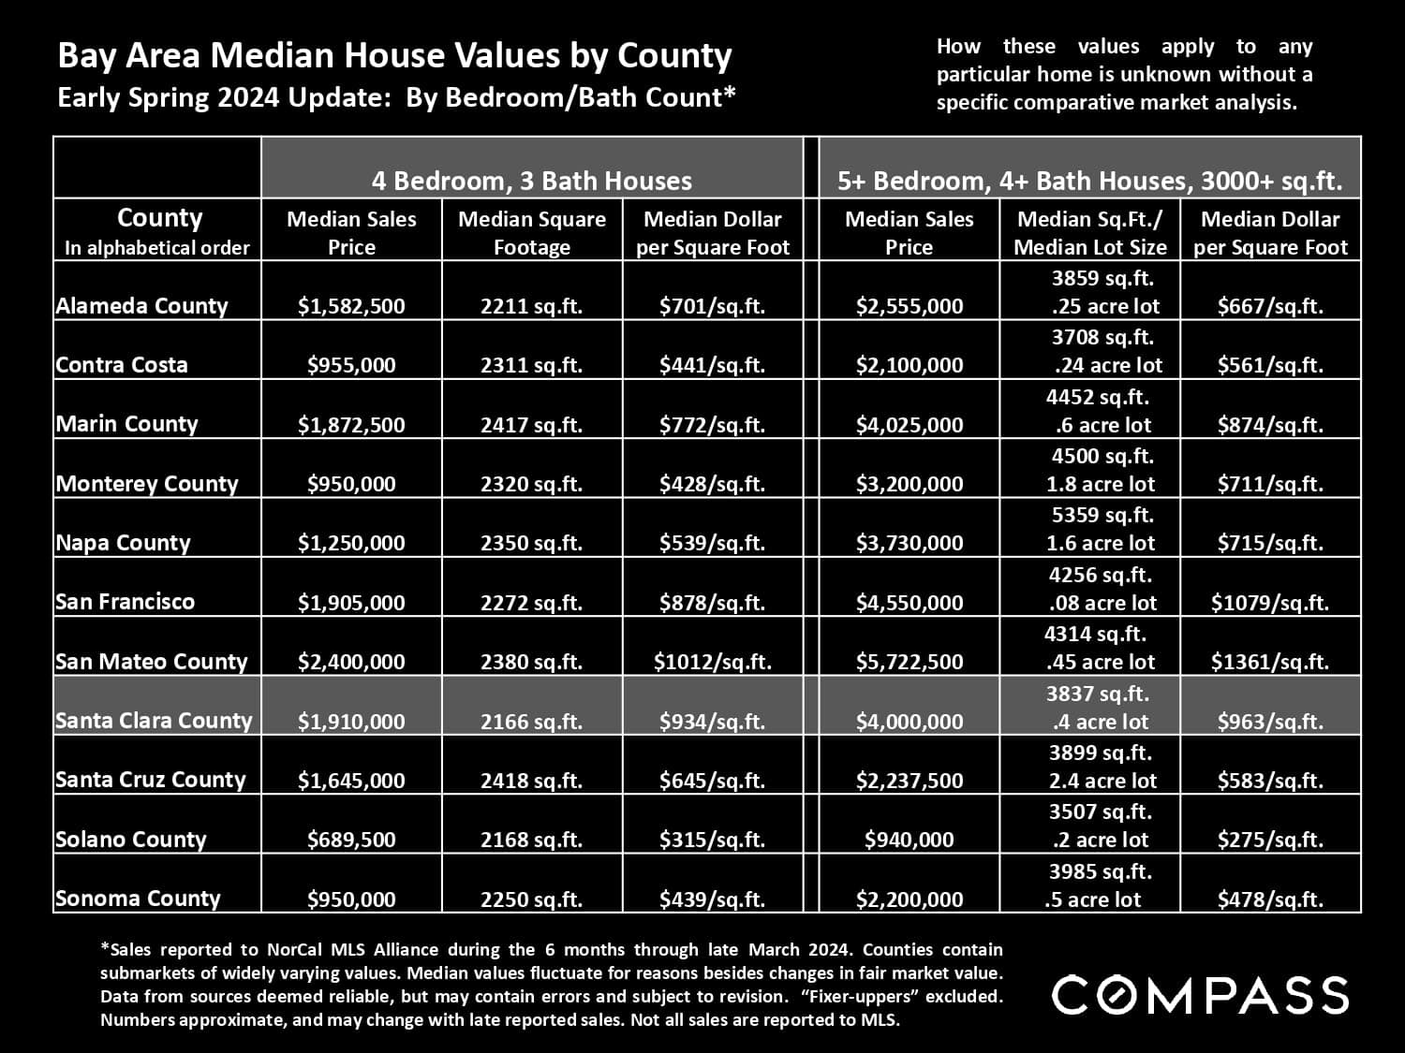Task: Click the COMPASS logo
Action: click(x=1200, y=994)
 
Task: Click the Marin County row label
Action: click(x=126, y=424)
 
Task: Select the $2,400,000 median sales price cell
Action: click(x=351, y=662)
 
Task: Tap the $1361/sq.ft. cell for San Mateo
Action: click(x=1269, y=662)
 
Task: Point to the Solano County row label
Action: click(x=130, y=840)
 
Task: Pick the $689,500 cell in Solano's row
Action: click(x=351, y=840)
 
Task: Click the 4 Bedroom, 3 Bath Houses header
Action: click(x=531, y=181)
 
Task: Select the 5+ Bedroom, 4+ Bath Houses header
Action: click(x=1089, y=181)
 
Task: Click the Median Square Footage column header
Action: click(x=531, y=232)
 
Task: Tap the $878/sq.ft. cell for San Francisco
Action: click(x=712, y=603)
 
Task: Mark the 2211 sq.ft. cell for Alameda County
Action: click(x=531, y=306)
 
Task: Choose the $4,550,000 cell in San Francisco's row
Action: click(x=909, y=603)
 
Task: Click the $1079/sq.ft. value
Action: click(x=1269, y=603)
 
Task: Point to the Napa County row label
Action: click(x=123, y=543)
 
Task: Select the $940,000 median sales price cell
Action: click(x=909, y=840)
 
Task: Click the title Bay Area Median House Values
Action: click(x=394, y=56)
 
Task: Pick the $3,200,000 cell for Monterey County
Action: click(x=909, y=484)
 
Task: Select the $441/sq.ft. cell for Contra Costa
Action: click(x=712, y=365)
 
